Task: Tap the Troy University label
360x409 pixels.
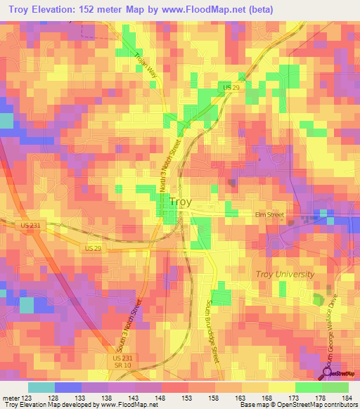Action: (x=284, y=274)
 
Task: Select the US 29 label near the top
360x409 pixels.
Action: (x=231, y=86)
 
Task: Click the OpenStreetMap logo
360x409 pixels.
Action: (x=340, y=373)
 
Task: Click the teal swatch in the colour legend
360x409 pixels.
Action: (x=41, y=387)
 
